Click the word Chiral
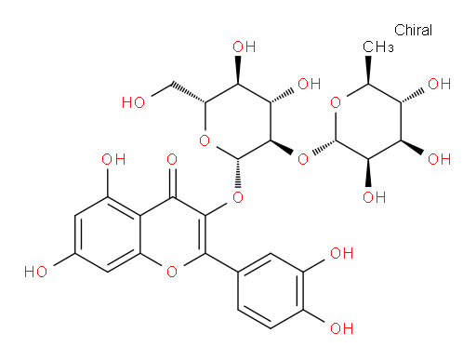413,31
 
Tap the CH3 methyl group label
378,47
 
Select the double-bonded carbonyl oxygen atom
172,160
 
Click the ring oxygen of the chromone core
172,272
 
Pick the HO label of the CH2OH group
133,102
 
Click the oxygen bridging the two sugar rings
303,160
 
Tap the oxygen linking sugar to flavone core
238,197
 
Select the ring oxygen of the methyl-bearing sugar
336,102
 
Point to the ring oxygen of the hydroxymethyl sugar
205,141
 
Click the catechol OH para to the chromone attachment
342,328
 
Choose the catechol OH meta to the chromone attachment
342,253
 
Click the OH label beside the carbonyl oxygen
113,160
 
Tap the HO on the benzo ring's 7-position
35,272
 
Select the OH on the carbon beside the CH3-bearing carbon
439,84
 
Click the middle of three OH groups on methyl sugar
439,160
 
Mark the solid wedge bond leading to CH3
368,70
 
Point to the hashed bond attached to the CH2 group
189,92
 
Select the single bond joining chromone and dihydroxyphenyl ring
221,262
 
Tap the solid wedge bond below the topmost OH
238,70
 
